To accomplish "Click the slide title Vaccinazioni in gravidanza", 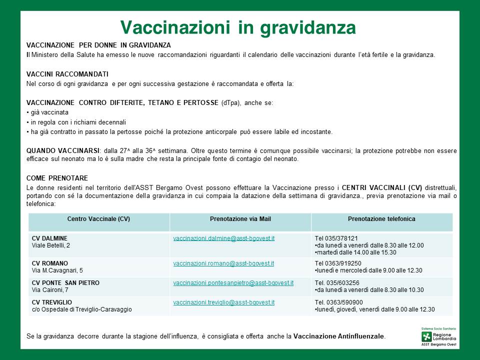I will pyautogui.click(x=238, y=27).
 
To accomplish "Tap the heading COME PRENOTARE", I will pyautogui.click(x=57, y=178).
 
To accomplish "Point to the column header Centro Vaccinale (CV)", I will pyautogui.click(x=98, y=219).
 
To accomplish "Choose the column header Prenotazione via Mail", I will pyautogui.click(x=240, y=219).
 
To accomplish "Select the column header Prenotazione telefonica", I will pyautogui.click(x=381, y=219).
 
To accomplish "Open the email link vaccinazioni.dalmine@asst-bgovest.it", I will pyautogui.click(x=223, y=238).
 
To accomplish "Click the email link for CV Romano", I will pyautogui.click(x=223, y=263).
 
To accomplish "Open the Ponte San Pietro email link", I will pyautogui.click(x=233, y=283).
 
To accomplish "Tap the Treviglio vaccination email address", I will pyautogui.click(x=223, y=302).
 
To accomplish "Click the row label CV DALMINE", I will pyautogui.click(x=49, y=238).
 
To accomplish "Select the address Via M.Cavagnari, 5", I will pyautogui.click(x=57, y=270).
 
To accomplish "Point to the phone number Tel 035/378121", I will pyautogui.click(x=336, y=238).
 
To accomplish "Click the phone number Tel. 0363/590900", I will pyautogui.click(x=339, y=302).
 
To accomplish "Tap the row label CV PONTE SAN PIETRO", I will pyautogui.click(x=65, y=283).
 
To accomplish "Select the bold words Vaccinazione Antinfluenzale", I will pyautogui.click(x=339, y=336).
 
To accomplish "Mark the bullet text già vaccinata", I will pyautogui.click(x=49, y=112).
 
